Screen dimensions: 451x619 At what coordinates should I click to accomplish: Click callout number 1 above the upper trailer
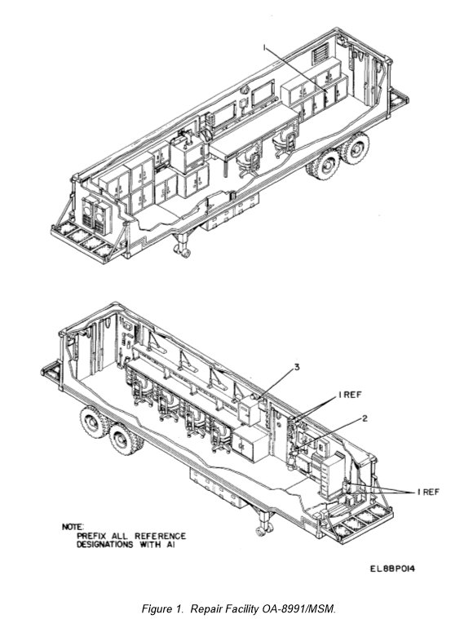coord(265,48)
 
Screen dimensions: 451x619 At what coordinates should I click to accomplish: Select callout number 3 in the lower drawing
coord(297,367)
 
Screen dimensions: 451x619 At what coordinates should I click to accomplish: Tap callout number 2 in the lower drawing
coord(365,418)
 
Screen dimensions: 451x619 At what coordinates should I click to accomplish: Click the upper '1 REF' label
coord(350,395)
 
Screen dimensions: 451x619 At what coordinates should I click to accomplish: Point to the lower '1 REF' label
coord(428,492)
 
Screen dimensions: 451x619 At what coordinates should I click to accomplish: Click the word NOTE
coord(73,527)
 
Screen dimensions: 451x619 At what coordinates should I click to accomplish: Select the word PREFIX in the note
coord(91,536)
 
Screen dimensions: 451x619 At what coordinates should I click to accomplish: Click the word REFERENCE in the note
coord(161,536)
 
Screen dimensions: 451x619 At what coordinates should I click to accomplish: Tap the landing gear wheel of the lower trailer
coord(263,531)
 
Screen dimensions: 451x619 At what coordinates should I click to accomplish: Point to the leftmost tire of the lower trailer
coord(93,422)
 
